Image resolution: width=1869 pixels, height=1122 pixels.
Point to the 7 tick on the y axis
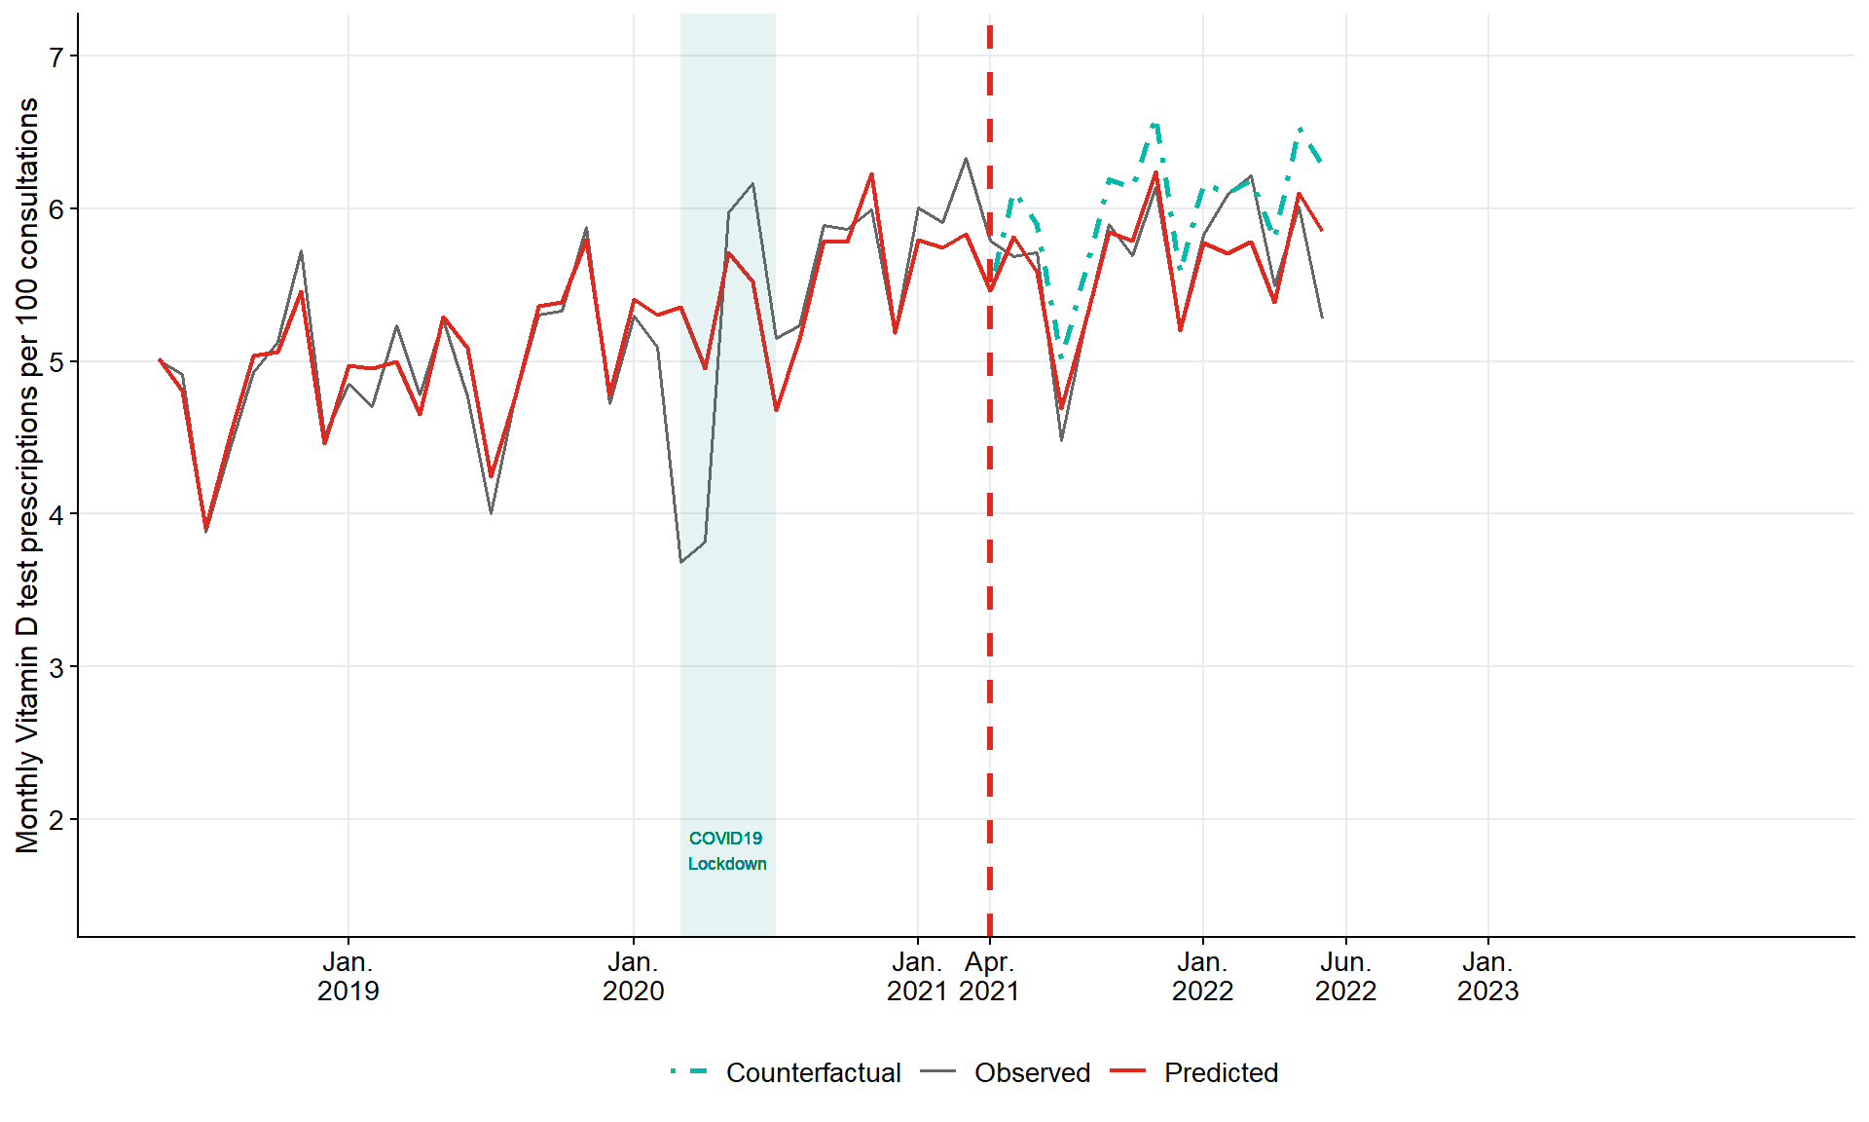pyautogui.click(x=55, y=56)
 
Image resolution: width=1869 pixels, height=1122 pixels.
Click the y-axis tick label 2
pyautogui.click(x=55, y=820)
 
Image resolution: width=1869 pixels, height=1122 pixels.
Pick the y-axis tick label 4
pyautogui.click(x=55, y=514)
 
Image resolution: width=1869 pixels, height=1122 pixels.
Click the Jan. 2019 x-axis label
pyautogui.click(x=348, y=977)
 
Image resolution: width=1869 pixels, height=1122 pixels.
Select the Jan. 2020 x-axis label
pyautogui.click(x=633, y=977)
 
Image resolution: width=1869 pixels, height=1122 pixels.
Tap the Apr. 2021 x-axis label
pyautogui.click(x=989, y=977)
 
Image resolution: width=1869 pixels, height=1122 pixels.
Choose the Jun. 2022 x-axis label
pyautogui.click(x=1345, y=977)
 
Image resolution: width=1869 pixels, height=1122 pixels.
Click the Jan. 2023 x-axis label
pyautogui.click(x=1487, y=977)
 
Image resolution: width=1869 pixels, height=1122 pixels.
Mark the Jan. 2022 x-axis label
pyautogui.click(x=1202, y=977)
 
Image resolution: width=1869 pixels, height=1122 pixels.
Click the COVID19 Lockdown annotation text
pyautogui.click(x=727, y=851)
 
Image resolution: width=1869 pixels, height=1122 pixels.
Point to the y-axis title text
pyautogui.click(x=27, y=475)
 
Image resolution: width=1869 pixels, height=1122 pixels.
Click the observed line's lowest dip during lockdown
pyautogui.click(x=681, y=562)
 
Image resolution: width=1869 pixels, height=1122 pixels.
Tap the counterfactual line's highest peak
pyautogui.click(x=1154, y=124)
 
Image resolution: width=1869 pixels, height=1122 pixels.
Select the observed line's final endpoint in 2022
pyautogui.click(x=1322, y=318)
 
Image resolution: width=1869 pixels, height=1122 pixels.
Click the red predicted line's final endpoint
pyautogui.click(x=1322, y=231)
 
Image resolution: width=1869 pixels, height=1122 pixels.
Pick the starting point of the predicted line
pyautogui.click(x=160, y=359)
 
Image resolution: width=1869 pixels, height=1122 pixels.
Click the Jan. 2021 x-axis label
pyautogui.click(x=917, y=977)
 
